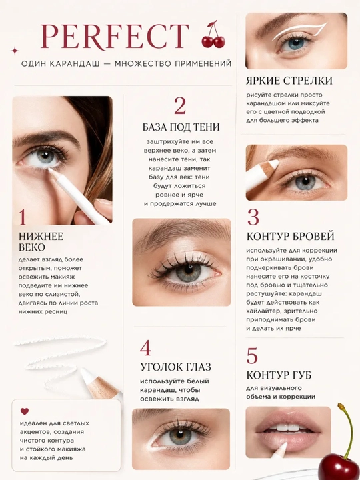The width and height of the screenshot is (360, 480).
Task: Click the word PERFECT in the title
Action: point(115,36)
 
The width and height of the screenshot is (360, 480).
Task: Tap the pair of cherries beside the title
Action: point(214,35)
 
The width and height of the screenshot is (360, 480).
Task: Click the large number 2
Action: point(180,106)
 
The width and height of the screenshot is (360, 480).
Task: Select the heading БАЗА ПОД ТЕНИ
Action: point(181,127)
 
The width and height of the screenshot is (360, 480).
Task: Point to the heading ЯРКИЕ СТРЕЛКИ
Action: point(289,81)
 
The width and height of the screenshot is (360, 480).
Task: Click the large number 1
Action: point(22,217)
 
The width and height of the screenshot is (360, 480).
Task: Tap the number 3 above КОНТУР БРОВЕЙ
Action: point(253,217)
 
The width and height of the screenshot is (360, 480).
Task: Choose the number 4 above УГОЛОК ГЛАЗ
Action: point(145,348)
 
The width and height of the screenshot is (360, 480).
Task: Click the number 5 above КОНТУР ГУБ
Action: point(252,356)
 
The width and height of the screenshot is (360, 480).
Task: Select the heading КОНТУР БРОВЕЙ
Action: point(290,236)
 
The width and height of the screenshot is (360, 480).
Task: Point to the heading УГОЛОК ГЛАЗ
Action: point(176,367)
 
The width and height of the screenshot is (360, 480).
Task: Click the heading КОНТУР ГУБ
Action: point(279,375)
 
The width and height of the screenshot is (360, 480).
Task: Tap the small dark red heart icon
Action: point(25,411)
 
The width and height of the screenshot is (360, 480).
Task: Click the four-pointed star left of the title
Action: point(15,51)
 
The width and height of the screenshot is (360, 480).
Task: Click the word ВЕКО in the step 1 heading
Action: point(32,247)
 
